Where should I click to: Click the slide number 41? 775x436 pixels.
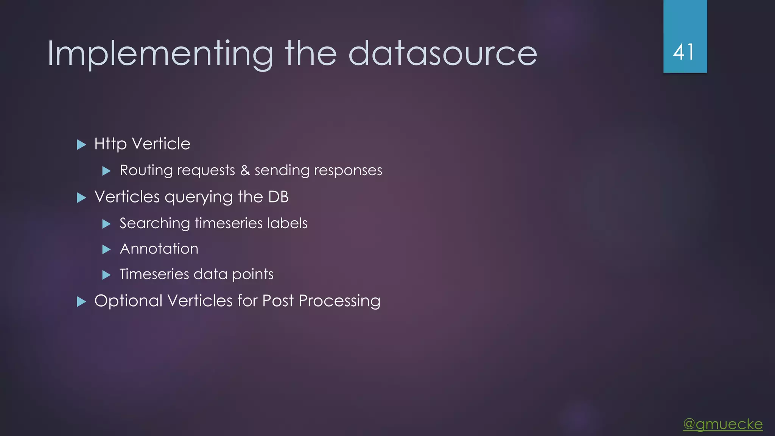(x=684, y=52)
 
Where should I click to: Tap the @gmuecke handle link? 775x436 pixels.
(x=723, y=424)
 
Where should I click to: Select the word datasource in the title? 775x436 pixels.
(x=442, y=54)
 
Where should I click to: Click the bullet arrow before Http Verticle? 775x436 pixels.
(x=81, y=145)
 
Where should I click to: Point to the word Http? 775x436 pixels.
(x=110, y=144)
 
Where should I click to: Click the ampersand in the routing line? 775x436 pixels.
(x=245, y=170)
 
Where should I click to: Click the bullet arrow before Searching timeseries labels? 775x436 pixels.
(x=107, y=224)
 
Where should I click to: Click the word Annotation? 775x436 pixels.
(x=159, y=249)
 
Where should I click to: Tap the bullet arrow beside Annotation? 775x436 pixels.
(x=107, y=249)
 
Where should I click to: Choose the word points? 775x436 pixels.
(x=253, y=274)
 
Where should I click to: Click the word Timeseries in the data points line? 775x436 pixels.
(x=154, y=274)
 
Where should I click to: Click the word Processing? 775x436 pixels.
(x=339, y=301)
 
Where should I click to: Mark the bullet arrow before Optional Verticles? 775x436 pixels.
(x=81, y=302)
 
